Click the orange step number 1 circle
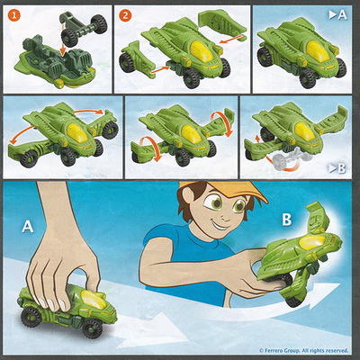(14, 15)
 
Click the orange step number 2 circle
(125, 15)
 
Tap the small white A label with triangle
(337, 15)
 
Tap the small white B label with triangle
(337, 169)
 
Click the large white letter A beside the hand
(28, 227)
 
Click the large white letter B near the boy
(286, 220)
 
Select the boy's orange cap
(228, 191)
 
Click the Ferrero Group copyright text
(303, 350)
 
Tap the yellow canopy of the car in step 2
(202, 51)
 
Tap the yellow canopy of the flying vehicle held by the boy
(313, 242)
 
